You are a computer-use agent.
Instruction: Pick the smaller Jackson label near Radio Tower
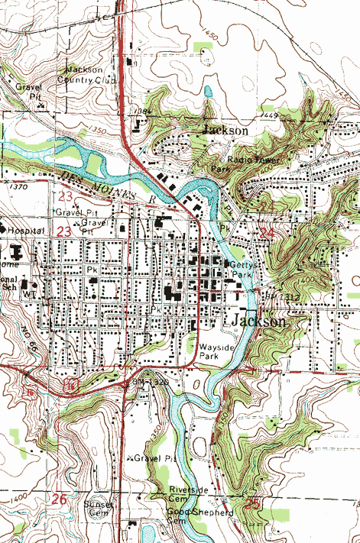[x=225, y=131]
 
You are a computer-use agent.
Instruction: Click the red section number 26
[x=60, y=499]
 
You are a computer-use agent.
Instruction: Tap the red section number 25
[x=253, y=503]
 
